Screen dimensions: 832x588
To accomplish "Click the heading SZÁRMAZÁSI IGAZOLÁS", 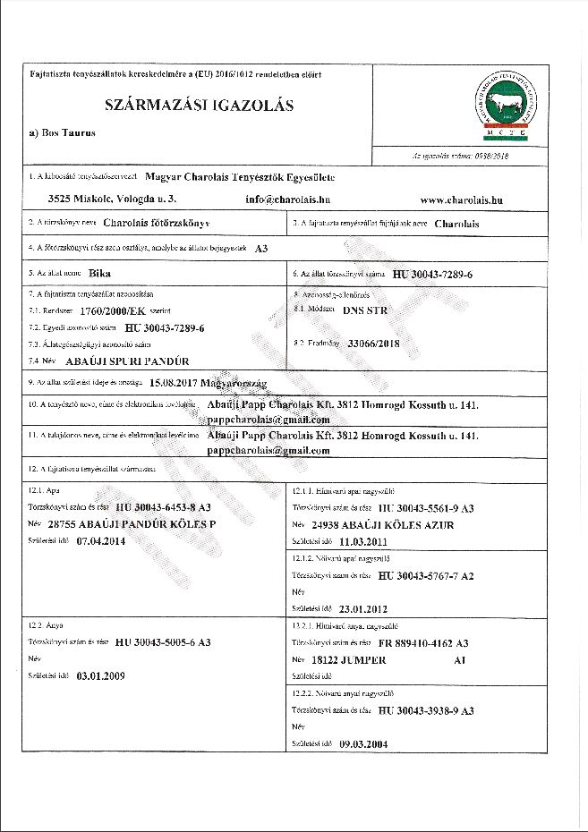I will pos(200,105).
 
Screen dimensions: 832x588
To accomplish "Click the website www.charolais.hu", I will pos(460,200).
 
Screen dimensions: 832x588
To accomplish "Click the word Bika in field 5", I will pos(103,273).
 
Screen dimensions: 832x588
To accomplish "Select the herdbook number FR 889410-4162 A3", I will pos(424,643).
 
